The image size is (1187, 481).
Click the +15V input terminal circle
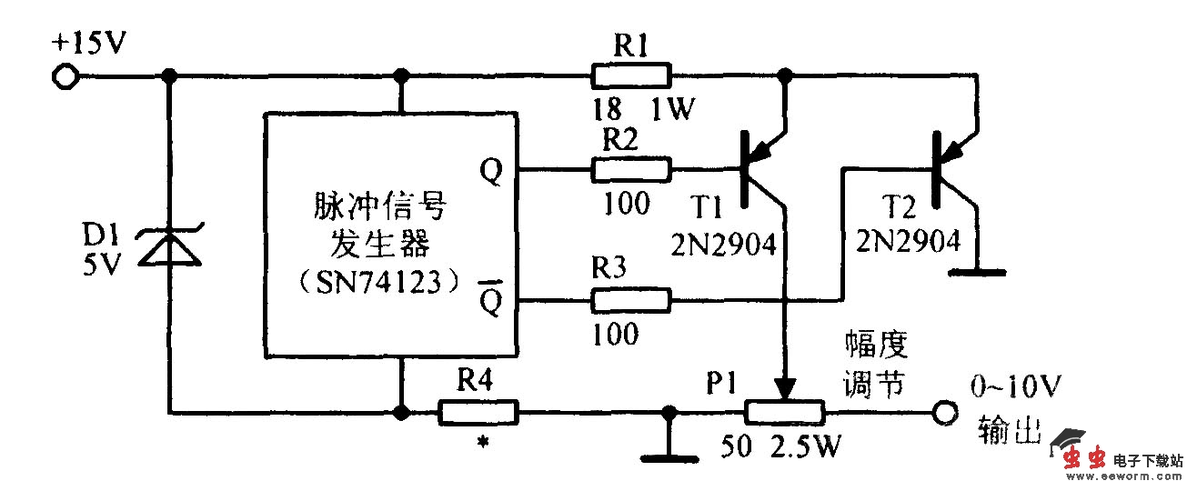pos(65,76)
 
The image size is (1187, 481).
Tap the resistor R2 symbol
pos(630,169)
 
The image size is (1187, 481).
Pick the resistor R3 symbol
pos(630,299)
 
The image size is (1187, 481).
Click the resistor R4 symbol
pos(478,412)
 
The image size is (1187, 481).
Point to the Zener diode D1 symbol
pos(169,246)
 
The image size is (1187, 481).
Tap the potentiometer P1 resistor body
pos(785,413)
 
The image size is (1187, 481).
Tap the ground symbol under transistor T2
pos(976,271)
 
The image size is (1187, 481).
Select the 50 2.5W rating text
pos(781,448)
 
